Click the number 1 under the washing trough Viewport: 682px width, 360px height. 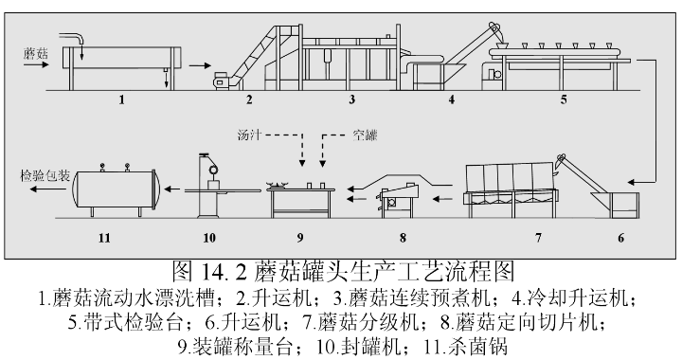[122, 100]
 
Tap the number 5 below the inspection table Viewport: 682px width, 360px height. [564, 100]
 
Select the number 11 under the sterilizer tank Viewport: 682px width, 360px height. [104, 238]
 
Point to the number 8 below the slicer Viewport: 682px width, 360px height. [403, 238]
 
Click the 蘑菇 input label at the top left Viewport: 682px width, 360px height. [36, 54]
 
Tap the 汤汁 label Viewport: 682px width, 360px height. [249, 135]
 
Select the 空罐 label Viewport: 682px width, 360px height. [365, 135]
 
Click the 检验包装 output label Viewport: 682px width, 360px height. [45, 175]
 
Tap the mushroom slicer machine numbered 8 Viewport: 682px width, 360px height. [398, 200]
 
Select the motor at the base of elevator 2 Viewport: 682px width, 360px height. [222, 81]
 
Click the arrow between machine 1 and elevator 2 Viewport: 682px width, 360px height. [200, 66]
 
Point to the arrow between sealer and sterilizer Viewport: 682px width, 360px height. [172, 189]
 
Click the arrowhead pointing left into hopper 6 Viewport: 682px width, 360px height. [631, 182]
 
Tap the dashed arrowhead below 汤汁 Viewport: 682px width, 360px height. [302, 164]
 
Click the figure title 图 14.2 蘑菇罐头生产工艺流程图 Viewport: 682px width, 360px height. [343, 272]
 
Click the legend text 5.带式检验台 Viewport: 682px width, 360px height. [125, 323]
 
